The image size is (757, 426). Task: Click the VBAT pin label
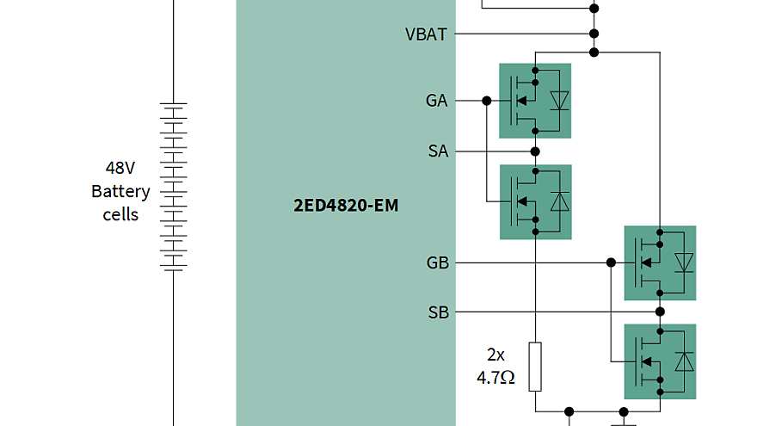pos(426,34)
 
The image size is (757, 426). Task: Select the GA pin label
pos(436,101)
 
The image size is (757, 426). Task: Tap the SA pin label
pos(438,151)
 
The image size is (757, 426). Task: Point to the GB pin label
pos(437,262)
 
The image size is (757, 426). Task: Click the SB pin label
pos(438,312)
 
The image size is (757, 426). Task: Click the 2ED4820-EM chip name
pos(346,207)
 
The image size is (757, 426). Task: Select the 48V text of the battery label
pos(120,168)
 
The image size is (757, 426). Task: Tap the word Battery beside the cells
pos(120,191)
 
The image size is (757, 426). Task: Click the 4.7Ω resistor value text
pos(495,377)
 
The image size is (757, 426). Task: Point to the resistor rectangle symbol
pos(535,366)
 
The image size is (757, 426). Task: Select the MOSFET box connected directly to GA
pos(535,101)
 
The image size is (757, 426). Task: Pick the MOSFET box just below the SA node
pos(535,202)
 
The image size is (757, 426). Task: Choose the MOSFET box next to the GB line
pos(660,262)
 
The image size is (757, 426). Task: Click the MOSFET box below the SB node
pos(660,361)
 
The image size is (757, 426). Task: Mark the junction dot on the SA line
pos(535,151)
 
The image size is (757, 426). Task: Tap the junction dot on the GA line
pos(487,101)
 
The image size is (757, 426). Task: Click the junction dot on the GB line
pos(610,262)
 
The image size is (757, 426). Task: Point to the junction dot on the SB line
pos(660,312)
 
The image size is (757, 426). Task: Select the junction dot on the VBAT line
pos(594,34)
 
